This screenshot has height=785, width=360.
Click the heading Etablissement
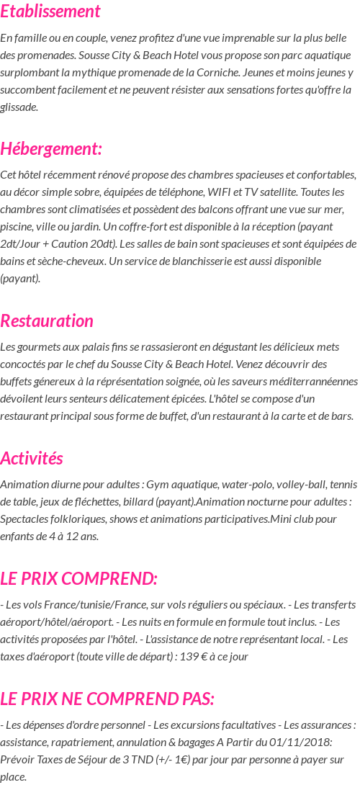point(50,12)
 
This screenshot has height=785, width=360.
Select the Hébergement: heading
point(51,149)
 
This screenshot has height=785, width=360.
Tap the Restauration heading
point(47,320)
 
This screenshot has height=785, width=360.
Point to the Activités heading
point(32,458)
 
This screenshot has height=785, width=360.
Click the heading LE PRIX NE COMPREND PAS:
point(107,699)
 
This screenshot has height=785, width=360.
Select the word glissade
point(19,107)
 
